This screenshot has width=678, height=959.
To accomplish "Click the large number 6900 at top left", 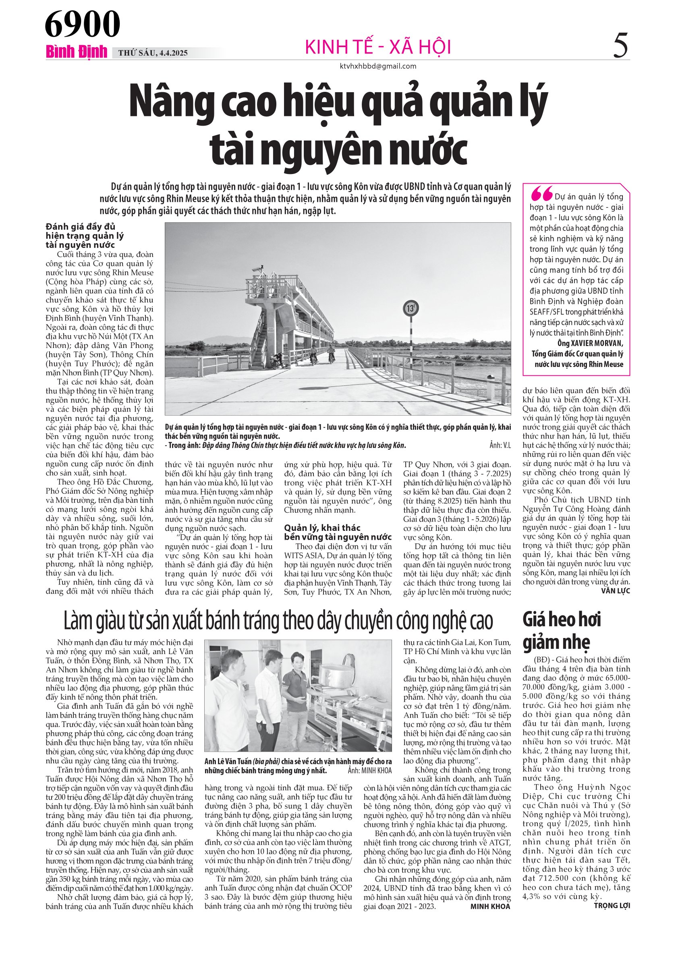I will click(x=82, y=24).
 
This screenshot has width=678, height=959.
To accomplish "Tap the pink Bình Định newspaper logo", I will click(x=77, y=52).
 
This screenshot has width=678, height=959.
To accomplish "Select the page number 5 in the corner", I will click(x=620, y=46).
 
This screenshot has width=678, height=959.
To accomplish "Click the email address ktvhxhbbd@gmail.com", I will click(x=377, y=66).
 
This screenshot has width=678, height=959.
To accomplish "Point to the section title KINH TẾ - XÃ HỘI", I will click(x=378, y=47).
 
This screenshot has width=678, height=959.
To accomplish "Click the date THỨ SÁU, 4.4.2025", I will click(x=153, y=53).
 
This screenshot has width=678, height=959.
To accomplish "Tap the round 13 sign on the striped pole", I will click(x=411, y=309).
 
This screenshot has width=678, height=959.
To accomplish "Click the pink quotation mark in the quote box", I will click(x=541, y=193).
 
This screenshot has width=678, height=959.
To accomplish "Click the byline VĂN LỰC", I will click(x=615, y=590).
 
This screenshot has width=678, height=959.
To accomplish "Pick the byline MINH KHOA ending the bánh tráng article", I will click(x=490, y=906).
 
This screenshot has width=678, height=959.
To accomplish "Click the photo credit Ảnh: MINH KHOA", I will click(x=370, y=770).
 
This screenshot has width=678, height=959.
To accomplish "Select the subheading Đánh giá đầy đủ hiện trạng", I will click(x=85, y=236).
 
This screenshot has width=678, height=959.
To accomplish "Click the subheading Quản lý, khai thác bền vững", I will click(x=338, y=532).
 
